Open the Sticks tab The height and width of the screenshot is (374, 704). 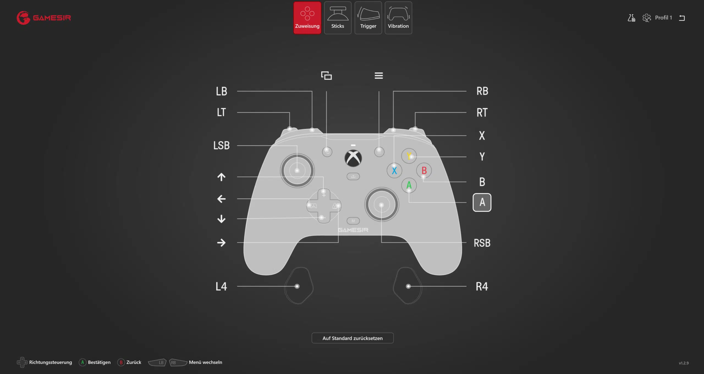338,18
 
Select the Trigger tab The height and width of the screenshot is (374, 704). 368,18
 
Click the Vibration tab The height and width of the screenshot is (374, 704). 398,18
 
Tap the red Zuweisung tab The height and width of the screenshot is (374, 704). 307,18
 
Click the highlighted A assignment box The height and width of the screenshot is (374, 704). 482,202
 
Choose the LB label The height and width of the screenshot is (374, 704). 221,91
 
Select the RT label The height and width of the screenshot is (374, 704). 482,113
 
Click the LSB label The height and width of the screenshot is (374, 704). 221,145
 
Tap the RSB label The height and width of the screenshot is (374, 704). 482,243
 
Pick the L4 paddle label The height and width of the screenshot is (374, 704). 221,286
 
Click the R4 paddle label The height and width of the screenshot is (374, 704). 482,286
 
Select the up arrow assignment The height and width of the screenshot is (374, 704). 221,177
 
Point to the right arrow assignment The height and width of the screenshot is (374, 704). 221,242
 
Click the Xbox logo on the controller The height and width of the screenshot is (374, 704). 353,158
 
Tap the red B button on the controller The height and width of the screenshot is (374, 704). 424,171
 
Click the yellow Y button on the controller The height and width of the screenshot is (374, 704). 409,156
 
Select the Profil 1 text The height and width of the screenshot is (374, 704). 663,18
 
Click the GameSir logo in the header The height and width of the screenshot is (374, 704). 44,18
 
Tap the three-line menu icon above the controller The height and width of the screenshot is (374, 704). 379,75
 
